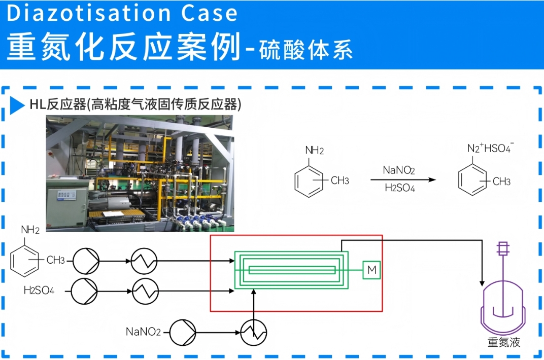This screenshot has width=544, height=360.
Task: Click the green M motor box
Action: (371, 270)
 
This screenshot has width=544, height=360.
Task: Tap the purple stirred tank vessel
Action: (502, 305)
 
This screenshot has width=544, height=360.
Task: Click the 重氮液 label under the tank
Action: (503, 342)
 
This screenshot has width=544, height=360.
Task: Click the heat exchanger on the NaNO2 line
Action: (254, 333)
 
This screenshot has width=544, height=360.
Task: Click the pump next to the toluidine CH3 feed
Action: (86, 261)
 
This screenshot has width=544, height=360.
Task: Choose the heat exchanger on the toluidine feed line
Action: (144, 261)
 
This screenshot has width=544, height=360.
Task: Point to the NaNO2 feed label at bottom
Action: (143, 332)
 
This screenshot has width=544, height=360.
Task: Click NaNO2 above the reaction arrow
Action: (398, 170)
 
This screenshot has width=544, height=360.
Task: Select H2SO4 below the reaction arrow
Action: (399, 188)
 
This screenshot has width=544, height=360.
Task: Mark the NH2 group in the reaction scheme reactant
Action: (314, 150)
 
